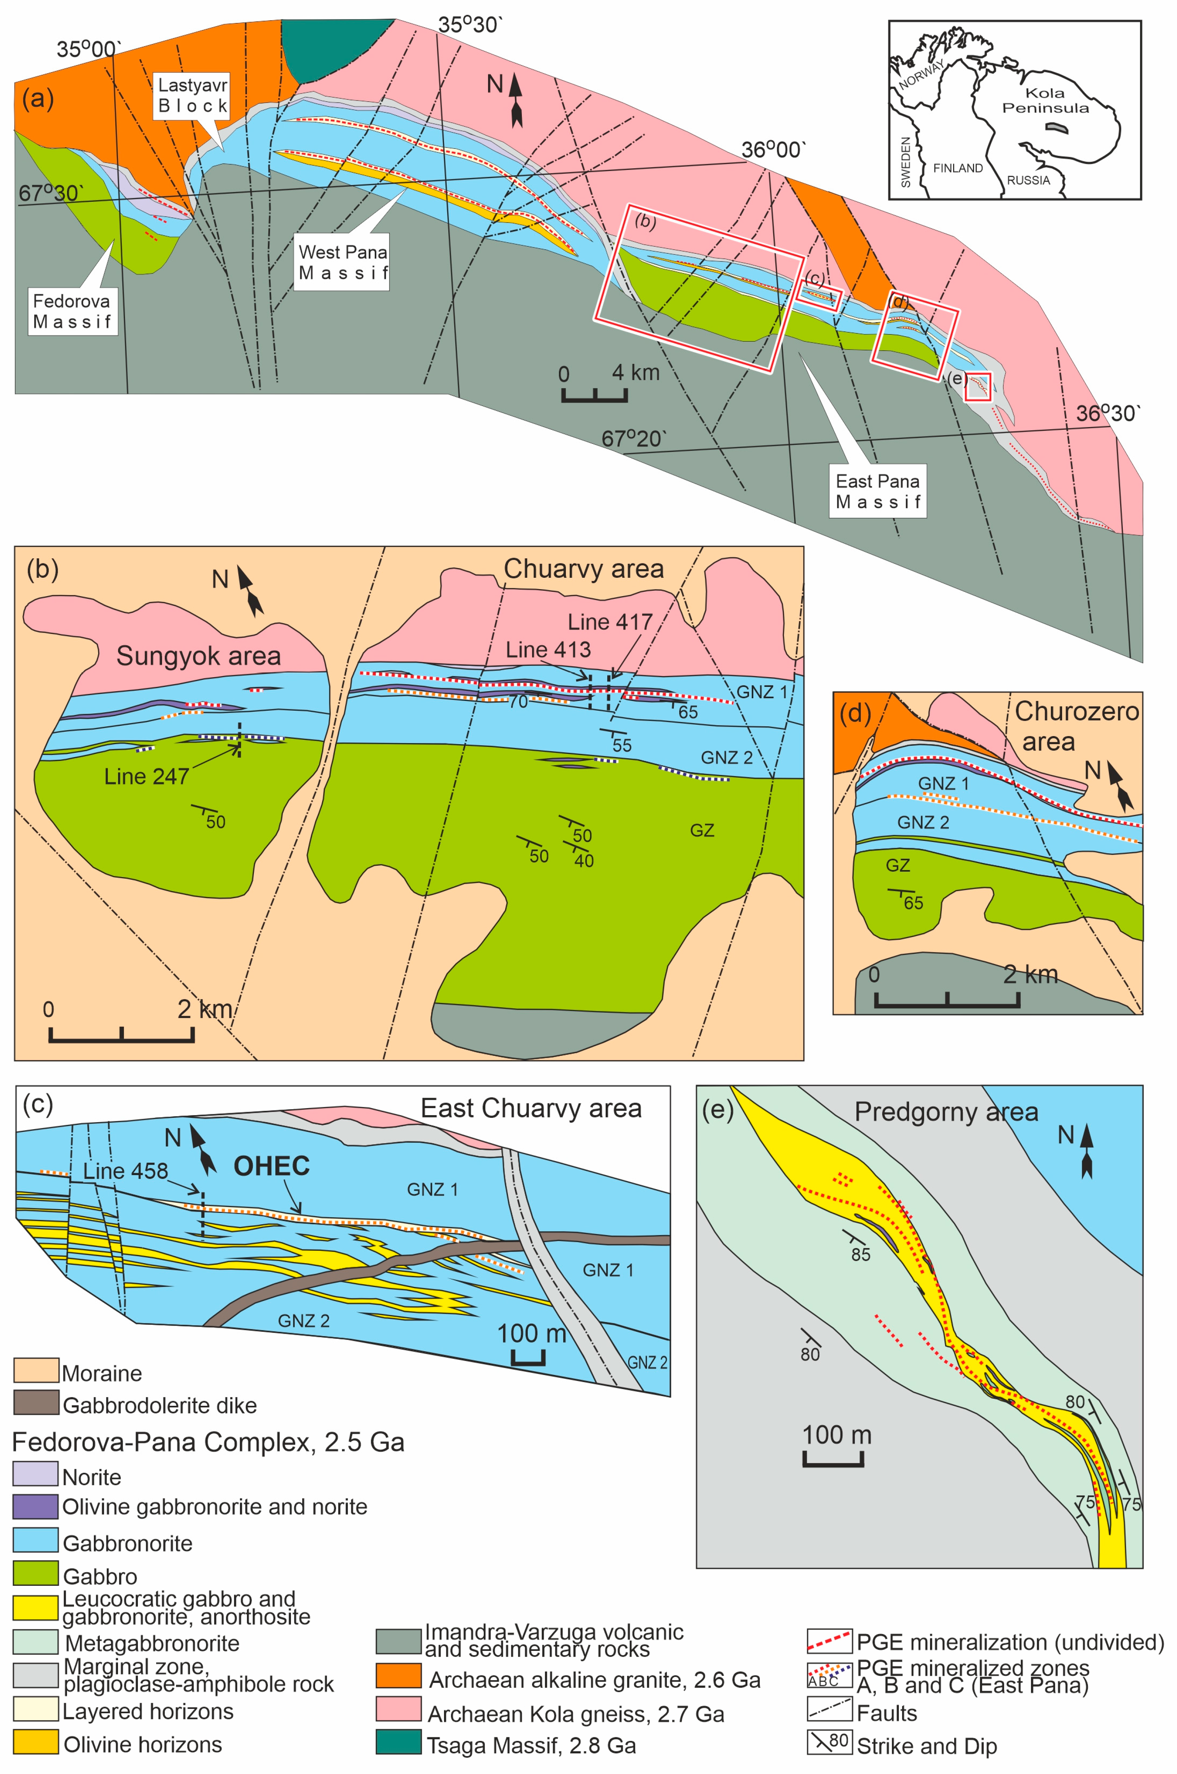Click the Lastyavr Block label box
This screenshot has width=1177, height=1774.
tap(192, 95)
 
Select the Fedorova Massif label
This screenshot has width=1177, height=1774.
tap(72, 311)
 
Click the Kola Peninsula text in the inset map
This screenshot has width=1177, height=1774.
tap(1045, 101)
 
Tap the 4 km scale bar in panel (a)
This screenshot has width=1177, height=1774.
tap(594, 395)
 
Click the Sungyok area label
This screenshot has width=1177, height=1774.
tap(198, 656)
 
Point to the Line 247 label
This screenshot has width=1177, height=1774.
tap(146, 776)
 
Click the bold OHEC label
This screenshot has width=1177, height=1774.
tap(272, 1166)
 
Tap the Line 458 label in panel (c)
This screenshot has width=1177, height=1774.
tap(125, 1171)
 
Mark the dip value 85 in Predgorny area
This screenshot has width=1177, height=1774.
tap(860, 1255)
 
